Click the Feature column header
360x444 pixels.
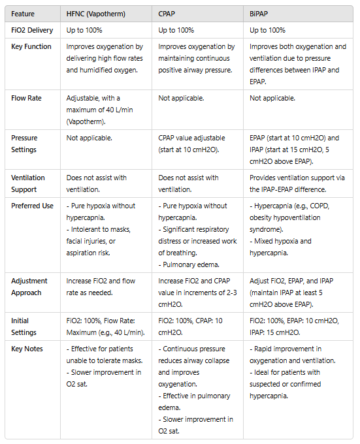(x=24, y=14)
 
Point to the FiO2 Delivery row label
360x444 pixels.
(x=33, y=30)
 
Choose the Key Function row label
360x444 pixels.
(x=31, y=47)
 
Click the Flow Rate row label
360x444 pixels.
(x=27, y=98)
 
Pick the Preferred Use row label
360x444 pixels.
(x=33, y=206)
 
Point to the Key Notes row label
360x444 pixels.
(x=27, y=349)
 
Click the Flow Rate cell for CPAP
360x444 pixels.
(x=181, y=98)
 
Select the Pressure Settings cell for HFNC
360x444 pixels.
(x=90, y=138)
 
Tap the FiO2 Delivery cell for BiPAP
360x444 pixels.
(x=267, y=30)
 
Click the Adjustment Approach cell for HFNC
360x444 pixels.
(x=101, y=287)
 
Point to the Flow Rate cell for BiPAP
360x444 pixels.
(x=272, y=98)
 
